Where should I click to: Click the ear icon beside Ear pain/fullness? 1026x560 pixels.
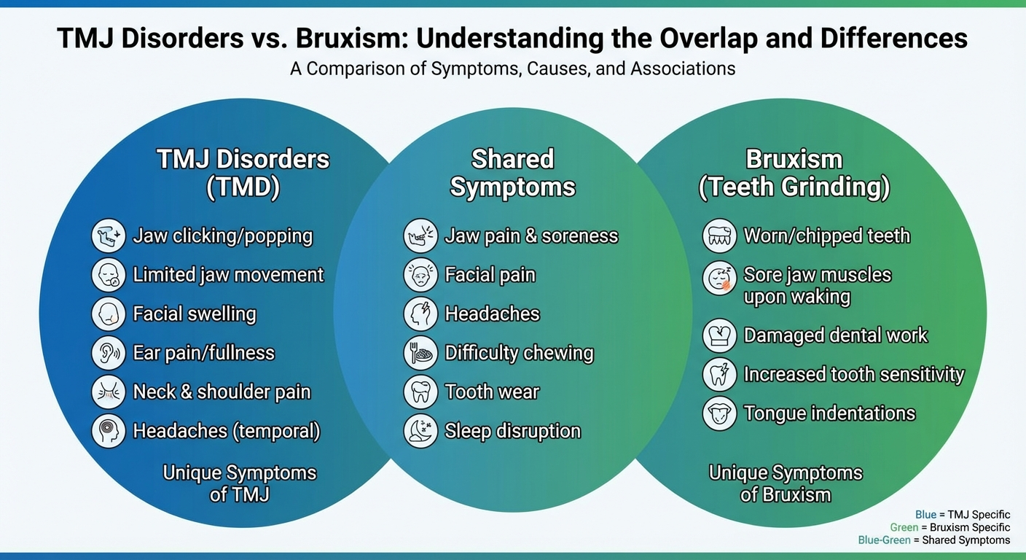tap(109, 353)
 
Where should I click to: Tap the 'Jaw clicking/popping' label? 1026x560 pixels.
tap(222, 236)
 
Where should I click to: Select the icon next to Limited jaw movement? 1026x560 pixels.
tap(109, 275)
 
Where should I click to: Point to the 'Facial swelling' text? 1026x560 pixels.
tap(195, 314)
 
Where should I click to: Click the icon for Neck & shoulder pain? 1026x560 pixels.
tap(109, 392)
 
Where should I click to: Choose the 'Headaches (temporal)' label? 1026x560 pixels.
tap(227, 431)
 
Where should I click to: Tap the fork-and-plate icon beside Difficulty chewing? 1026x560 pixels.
tap(420, 353)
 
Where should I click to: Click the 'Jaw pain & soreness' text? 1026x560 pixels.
tap(531, 236)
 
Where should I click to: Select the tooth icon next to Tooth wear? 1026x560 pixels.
tap(420, 392)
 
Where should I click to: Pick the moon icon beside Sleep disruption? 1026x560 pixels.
tap(420, 431)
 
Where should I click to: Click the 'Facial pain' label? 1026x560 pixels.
tap(490, 275)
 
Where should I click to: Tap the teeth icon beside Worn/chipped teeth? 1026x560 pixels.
tap(719, 236)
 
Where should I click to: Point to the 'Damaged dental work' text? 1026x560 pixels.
tap(835, 335)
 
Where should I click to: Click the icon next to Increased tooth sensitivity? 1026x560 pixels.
tap(719, 374)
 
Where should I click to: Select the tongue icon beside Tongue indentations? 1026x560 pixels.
tap(719, 413)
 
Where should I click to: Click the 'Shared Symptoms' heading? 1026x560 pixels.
tap(512, 173)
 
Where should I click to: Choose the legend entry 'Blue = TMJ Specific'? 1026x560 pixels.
tap(963, 515)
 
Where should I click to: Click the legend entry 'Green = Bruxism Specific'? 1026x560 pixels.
tap(950, 527)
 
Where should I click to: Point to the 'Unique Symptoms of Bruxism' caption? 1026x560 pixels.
tap(786, 483)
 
